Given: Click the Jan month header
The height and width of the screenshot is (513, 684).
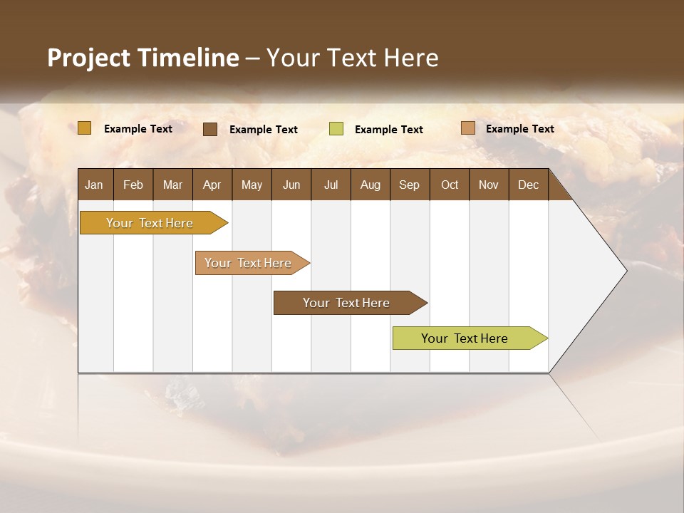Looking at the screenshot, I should coord(94,185).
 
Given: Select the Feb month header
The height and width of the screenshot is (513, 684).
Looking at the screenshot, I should coord(133,185).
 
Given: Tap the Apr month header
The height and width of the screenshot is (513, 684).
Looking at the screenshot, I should coord(212,185).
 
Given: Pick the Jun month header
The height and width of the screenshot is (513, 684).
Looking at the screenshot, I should coord(291,185).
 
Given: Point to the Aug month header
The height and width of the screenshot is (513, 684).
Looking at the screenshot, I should coord(370,185).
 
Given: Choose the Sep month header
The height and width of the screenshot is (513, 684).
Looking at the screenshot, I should coord(409,185).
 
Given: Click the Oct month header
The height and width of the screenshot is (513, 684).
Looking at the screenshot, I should coord(450,185).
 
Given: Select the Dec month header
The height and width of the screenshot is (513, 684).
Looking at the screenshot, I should coord(528,185).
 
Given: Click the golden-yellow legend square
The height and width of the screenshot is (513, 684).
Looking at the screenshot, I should coord(84,128).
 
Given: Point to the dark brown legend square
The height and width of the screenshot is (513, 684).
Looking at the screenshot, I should coord(210,129).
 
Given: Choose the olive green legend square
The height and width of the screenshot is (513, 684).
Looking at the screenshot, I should coord(336,129).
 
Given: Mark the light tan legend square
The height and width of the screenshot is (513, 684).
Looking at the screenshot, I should coord(467,128).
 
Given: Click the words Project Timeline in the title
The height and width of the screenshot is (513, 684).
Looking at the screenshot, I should coord(142,58).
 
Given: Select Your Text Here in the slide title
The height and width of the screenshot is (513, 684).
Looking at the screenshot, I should coord(352,58).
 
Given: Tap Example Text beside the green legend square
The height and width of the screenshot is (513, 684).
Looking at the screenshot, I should coord(388,130).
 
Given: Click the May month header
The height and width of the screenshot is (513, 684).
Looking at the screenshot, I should coord(252,185).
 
